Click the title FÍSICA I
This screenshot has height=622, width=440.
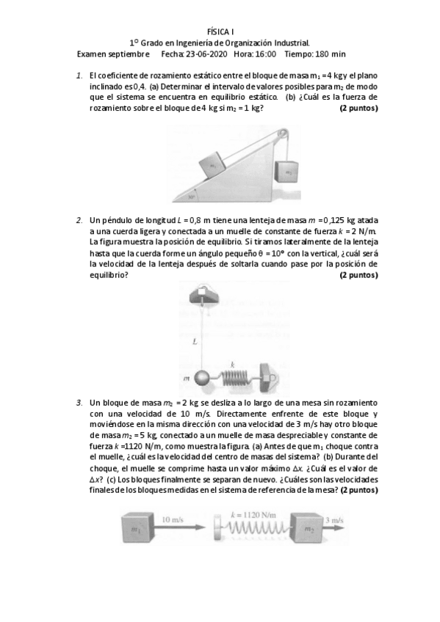[x=220, y=32]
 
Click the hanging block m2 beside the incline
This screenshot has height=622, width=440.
[x=287, y=173]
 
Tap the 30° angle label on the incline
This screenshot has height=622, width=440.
[x=191, y=197]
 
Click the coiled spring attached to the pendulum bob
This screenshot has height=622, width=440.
[x=234, y=378]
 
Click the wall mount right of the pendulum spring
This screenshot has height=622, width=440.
[x=268, y=377]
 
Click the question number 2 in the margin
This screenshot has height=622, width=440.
[x=79, y=220]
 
